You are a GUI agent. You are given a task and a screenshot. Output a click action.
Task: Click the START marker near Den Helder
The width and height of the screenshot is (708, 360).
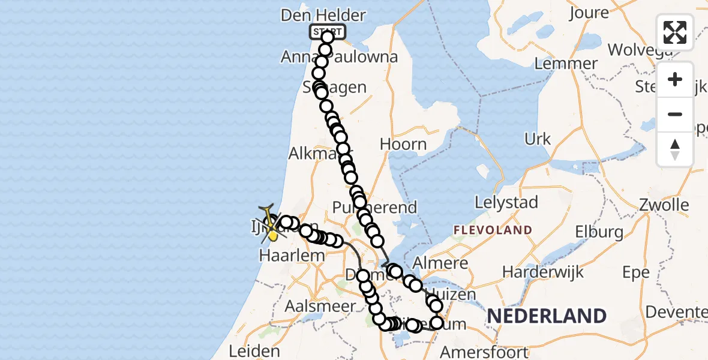click(x=327, y=32)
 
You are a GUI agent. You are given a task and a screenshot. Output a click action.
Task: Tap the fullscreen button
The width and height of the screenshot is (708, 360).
click(x=675, y=32)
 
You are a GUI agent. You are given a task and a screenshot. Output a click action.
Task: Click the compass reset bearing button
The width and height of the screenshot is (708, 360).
click(x=675, y=149)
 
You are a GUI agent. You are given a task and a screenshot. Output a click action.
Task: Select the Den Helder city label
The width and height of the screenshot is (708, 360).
click(x=323, y=15)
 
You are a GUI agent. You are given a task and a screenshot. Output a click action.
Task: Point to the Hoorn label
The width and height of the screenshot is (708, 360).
click(x=403, y=145)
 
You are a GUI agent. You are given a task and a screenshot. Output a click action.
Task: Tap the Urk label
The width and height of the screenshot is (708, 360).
click(x=538, y=139)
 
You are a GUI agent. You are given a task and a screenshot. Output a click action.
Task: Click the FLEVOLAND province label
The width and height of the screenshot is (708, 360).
click(x=493, y=230)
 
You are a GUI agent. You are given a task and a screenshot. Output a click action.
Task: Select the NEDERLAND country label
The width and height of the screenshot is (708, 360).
click(x=546, y=316)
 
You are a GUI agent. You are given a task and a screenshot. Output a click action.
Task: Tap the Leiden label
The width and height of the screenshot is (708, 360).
click(x=254, y=351)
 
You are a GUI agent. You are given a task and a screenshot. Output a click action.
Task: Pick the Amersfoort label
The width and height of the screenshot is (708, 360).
click(x=484, y=352)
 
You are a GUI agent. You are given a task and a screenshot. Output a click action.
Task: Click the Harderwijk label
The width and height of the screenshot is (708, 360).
click(x=543, y=272)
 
